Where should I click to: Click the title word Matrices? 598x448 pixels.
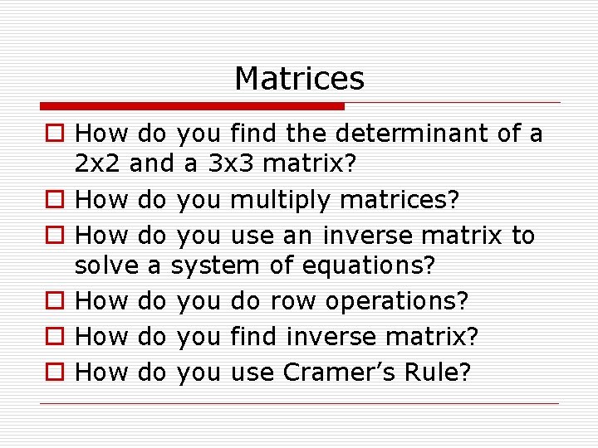click(299, 79)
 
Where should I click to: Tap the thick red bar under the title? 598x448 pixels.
click(192, 106)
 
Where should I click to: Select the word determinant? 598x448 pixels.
click(402, 133)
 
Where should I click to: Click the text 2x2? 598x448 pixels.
click(98, 163)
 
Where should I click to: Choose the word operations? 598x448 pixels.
click(397, 300)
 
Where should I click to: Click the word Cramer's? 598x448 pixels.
click(337, 372)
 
